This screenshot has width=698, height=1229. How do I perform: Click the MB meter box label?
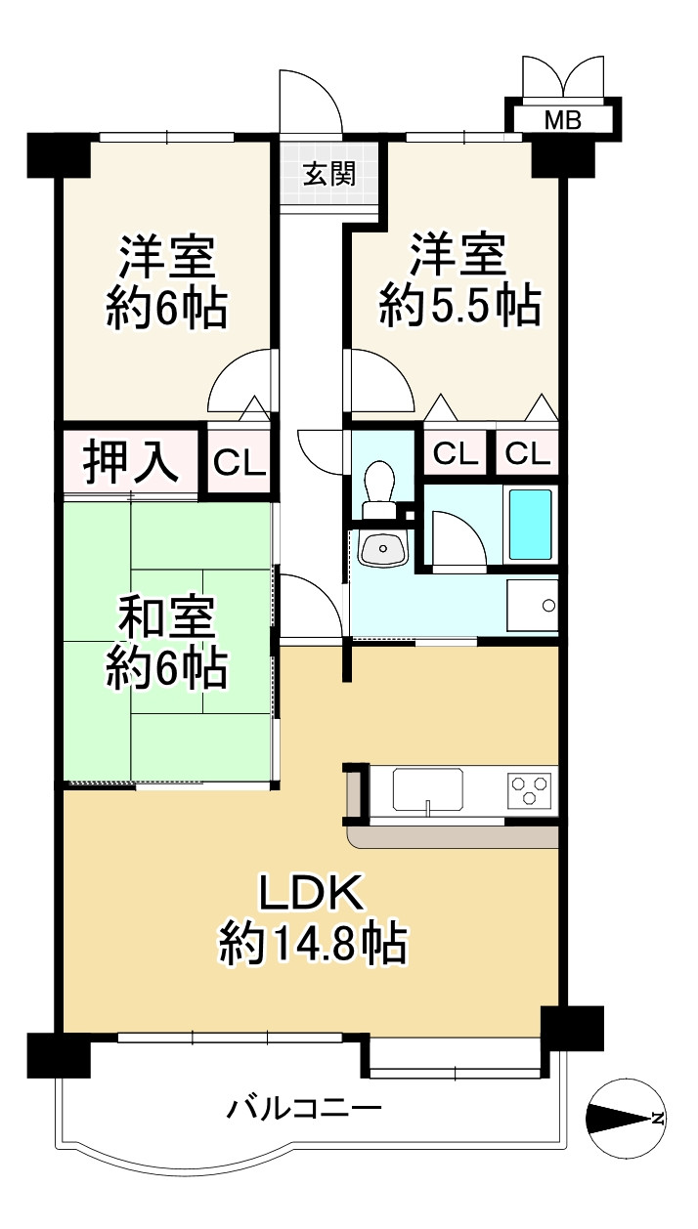[562, 120]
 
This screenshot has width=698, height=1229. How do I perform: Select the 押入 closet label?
[130, 462]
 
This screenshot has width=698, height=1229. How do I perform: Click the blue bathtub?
[530, 524]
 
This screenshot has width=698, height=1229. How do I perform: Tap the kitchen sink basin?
[428, 788]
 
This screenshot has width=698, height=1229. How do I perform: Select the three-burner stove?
[529, 788]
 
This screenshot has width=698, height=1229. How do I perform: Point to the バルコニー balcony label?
[304, 1109]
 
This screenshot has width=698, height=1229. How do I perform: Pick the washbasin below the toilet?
[382, 549]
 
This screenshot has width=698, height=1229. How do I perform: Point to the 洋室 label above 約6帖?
[167, 258]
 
